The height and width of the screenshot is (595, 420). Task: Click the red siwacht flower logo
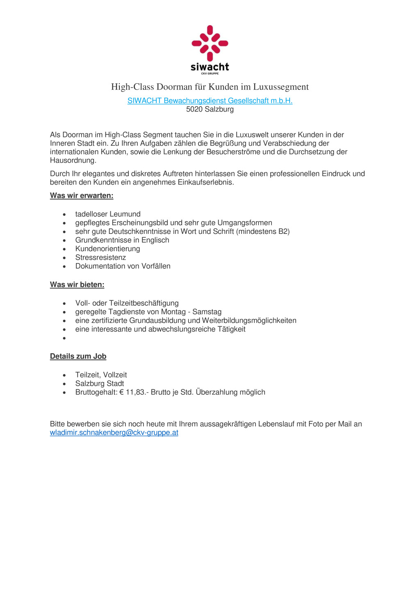click(210, 43)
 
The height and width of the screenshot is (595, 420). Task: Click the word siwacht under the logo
click(210, 67)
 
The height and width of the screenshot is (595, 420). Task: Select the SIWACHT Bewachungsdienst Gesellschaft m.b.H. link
click(210, 101)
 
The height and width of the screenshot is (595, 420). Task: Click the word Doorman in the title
click(174, 87)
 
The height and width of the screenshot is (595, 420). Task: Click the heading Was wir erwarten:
click(82, 196)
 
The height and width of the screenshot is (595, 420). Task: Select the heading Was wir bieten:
click(77, 285)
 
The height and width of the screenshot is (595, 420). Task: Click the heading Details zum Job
click(78, 357)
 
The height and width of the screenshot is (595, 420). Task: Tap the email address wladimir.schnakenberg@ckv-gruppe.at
click(114, 433)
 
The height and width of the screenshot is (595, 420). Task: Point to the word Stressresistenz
click(100, 258)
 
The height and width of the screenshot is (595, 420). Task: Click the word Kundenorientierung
click(107, 249)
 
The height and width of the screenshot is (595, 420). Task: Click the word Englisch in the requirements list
click(155, 240)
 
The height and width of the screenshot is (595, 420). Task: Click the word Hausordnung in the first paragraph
click(73, 161)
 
